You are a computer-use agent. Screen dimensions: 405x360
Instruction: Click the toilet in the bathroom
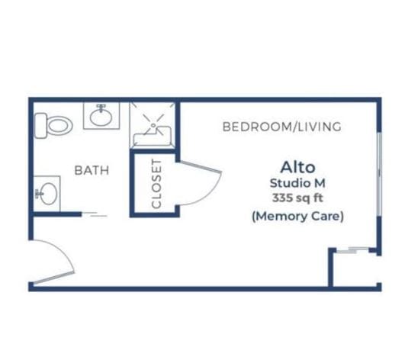[x=53, y=126]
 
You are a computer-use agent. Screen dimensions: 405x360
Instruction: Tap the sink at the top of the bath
[x=101, y=116]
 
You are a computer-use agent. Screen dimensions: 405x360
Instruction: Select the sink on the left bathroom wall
[x=47, y=194]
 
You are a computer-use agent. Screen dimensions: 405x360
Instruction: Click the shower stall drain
[x=153, y=125]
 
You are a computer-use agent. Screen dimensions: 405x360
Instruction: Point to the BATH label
[x=92, y=170]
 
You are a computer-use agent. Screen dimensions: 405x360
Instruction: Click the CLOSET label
[x=156, y=184]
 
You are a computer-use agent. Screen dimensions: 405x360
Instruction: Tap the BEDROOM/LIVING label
[x=281, y=127]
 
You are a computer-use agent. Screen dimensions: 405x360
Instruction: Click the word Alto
[x=297, y=167]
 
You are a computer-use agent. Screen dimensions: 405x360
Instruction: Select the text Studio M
[x=297, y=183]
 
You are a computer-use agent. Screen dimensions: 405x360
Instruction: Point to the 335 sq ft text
[x=297, y=198]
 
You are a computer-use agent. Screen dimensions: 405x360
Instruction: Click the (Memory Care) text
[x=297, y=216]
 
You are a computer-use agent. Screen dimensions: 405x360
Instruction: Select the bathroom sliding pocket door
[x=95, y=214]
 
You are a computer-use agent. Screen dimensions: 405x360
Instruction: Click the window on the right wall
[x=379, y=175]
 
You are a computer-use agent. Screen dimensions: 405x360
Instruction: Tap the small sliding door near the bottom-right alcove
[x=353, y=249]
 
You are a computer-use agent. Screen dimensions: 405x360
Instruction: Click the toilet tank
[x=40, y=126]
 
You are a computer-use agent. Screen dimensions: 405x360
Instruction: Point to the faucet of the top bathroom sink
[x=101, y=108]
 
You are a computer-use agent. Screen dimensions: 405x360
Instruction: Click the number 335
[x=281, y=198]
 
